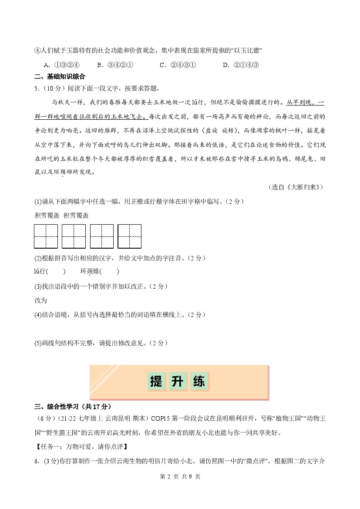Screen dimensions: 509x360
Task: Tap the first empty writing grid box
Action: click(46, 236)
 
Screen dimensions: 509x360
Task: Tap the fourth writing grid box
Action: click(129, 236)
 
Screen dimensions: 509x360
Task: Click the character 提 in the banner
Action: click(156, 382)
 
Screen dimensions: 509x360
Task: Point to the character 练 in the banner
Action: click(199, 382)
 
